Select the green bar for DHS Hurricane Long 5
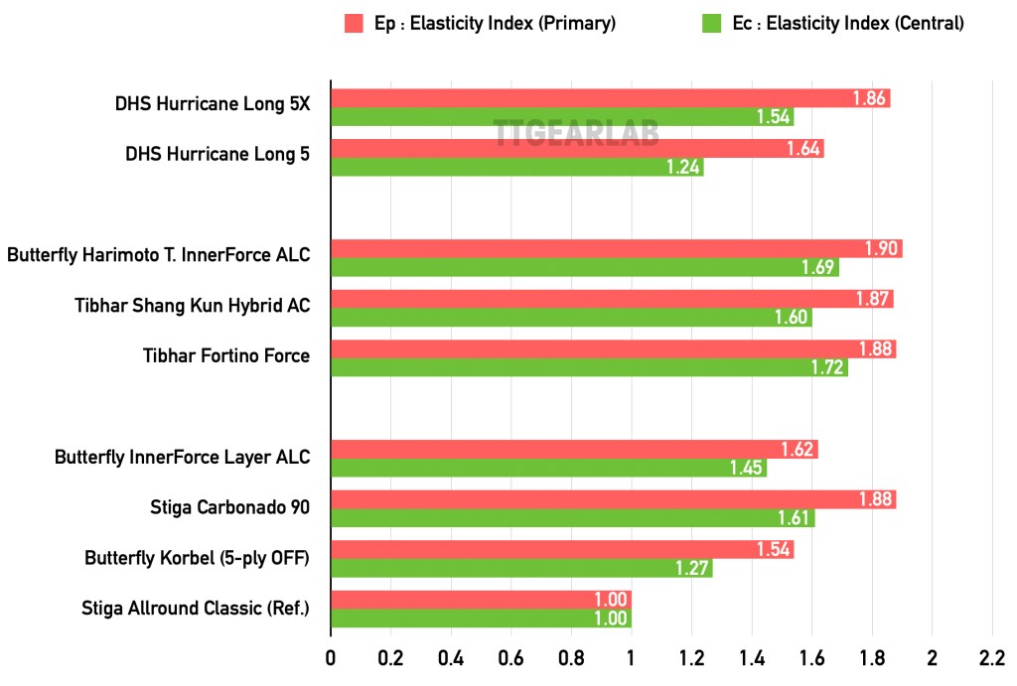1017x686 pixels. coord(516,168)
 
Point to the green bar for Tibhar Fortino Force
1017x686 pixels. coord(589,368)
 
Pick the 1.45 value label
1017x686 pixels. coord(747,469)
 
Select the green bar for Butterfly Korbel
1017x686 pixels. coord(521,569)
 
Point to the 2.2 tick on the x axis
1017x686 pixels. coord(992,658)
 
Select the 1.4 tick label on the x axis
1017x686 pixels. coord(752,658)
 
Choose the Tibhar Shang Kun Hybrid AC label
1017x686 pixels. coord(192,306)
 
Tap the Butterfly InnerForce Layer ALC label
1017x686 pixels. coord(182,458)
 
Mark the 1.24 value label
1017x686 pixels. coord(684,168)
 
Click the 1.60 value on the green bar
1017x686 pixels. coord(793,318)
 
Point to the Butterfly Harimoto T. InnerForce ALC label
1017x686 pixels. coord(158,255)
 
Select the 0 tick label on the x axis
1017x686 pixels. coord(331,658)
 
